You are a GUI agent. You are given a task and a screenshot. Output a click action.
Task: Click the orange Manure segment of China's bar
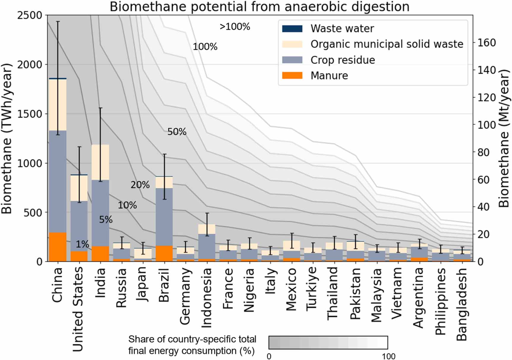58,247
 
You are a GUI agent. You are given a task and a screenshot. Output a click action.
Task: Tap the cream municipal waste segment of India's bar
100,162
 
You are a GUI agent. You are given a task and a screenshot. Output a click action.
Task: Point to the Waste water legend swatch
292,28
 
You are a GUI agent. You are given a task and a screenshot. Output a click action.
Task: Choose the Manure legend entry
329,76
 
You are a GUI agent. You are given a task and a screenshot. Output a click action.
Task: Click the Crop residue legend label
343,60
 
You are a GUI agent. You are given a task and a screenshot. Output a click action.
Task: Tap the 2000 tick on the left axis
30,64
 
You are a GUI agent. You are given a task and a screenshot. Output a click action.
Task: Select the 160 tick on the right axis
486,43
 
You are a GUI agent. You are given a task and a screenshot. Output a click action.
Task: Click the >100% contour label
235,27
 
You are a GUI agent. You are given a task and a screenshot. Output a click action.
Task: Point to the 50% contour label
177,132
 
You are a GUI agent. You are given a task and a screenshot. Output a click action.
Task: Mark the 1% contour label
82,244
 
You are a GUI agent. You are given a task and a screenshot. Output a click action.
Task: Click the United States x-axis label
78,308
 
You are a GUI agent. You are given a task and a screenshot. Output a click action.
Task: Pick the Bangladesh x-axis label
462,304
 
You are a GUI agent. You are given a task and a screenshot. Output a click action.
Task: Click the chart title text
259,7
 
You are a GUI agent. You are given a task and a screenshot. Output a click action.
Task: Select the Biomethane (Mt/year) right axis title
504,138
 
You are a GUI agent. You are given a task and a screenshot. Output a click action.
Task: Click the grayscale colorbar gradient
328,343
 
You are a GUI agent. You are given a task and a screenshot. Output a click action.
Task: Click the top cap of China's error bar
58,21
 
